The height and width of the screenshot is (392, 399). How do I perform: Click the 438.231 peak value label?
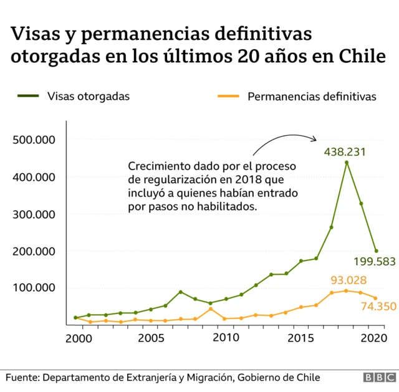point(344,151)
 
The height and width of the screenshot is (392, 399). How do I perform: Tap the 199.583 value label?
point(374,262)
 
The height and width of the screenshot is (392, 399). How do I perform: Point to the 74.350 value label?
point(378,306)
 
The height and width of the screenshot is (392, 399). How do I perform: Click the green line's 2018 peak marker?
point(346,163)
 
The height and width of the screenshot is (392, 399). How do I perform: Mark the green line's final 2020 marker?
point(376,251)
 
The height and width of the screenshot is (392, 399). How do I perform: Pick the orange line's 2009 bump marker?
point(211,308)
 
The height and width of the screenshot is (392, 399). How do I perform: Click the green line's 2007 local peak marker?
point(180,292)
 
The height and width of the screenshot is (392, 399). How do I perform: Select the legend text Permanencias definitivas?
point(312,97)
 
